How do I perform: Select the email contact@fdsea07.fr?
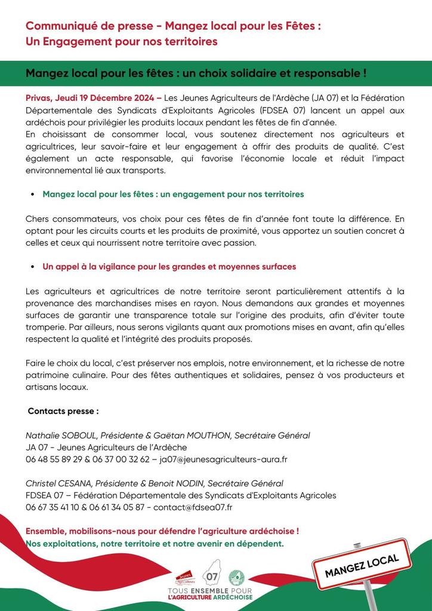click(x=193, y=507)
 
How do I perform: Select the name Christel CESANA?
click(x=57, y=483)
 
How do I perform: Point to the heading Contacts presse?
click(x=63, y=411)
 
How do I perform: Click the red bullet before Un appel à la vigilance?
click(x=32, y=267)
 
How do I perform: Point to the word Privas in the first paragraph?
click(x=39, y=98)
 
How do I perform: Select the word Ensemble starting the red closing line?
click(x=48, y=531)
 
